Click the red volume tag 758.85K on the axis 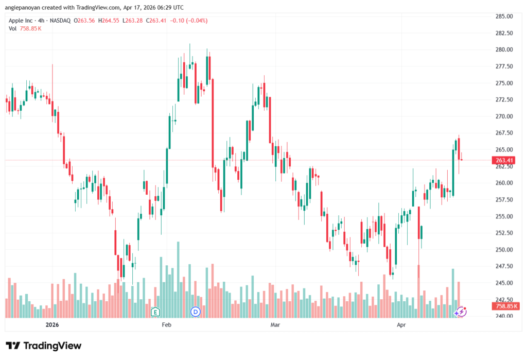(x=505, y=306)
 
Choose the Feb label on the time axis (x=166, y=325)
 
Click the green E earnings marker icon (x=155, y=312)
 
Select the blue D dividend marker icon (x=195, y=312)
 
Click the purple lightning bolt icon (x=462, y=312)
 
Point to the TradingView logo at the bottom (x=44, y=346)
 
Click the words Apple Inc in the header (x=23, y=21)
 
